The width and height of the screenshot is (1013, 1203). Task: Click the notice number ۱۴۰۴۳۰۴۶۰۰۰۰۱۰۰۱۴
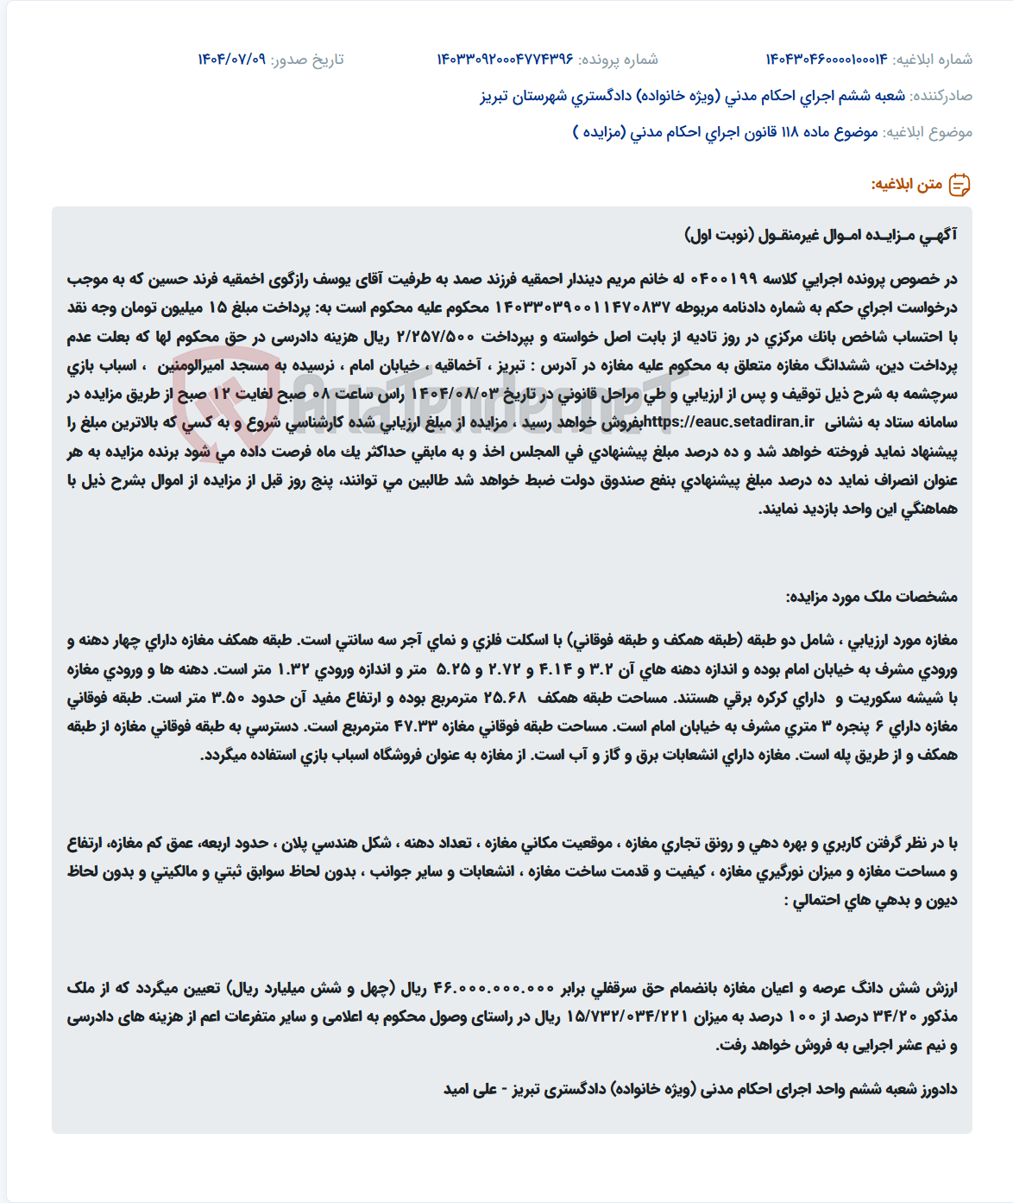[x=826, y=59]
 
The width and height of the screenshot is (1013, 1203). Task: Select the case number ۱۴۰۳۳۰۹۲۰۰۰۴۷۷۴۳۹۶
[x=505, y=59]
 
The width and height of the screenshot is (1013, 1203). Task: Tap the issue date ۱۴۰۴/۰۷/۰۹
[x=231, y=59]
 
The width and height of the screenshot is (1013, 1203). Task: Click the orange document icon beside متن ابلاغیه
[x=960, y=185]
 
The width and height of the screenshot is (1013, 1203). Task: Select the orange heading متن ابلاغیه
[x=906, y=185]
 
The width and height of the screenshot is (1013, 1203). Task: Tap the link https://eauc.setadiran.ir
[x=729, y=422]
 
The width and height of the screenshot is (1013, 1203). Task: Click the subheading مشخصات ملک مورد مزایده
[x=871, y=597]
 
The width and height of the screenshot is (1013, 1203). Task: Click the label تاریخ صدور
[x=307, y=59]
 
